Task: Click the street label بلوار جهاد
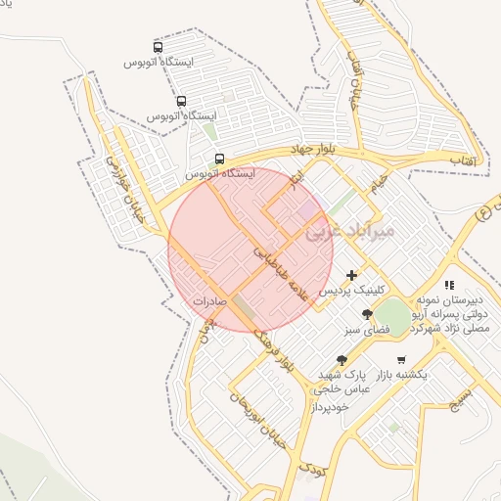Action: (x=312, y=150)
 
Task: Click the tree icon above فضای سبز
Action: (x=367, y=314)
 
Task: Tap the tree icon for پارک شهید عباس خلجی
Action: (x=341, y=360)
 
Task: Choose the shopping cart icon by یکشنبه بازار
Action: (x=401, y=359)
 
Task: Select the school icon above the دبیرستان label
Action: (x=449, y=285)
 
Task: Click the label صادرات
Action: (x=209, y=302)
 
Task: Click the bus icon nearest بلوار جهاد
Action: (x=219, y=158)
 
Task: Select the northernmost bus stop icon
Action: (x=159, y=47)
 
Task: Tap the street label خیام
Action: (x=378, y=181)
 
